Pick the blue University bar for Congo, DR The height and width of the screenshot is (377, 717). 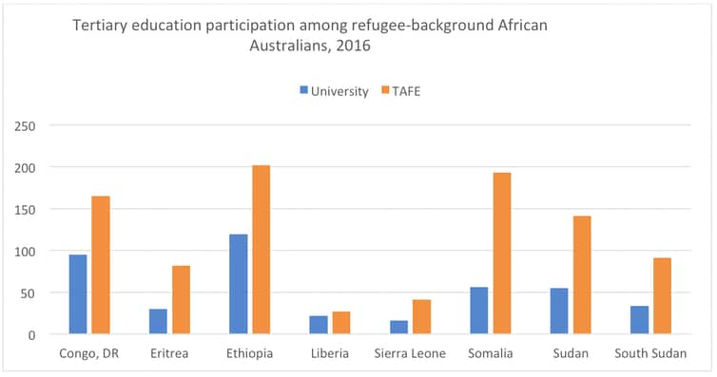pos(78,294)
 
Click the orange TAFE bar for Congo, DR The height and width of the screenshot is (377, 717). pos(101,265)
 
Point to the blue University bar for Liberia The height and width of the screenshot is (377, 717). pos(319,325)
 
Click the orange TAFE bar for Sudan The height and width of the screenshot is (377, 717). pos(581,275)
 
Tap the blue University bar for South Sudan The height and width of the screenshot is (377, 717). pos(639,320)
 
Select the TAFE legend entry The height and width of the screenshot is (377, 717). pos(405,91)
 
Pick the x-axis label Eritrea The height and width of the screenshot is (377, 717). pos(169,354)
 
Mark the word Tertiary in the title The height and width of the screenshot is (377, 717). pos(99,27)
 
